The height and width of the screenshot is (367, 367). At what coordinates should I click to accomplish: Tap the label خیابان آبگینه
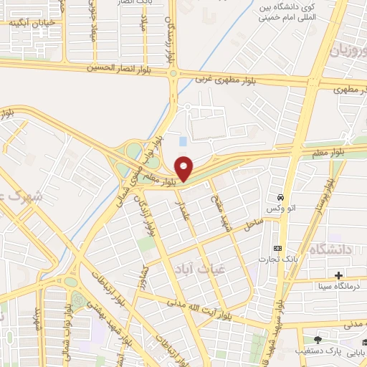(x=30, y=22)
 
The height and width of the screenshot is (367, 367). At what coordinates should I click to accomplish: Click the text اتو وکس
(x=281, y=208)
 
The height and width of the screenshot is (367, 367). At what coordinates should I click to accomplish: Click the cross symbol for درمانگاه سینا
(x=338, y=275)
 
